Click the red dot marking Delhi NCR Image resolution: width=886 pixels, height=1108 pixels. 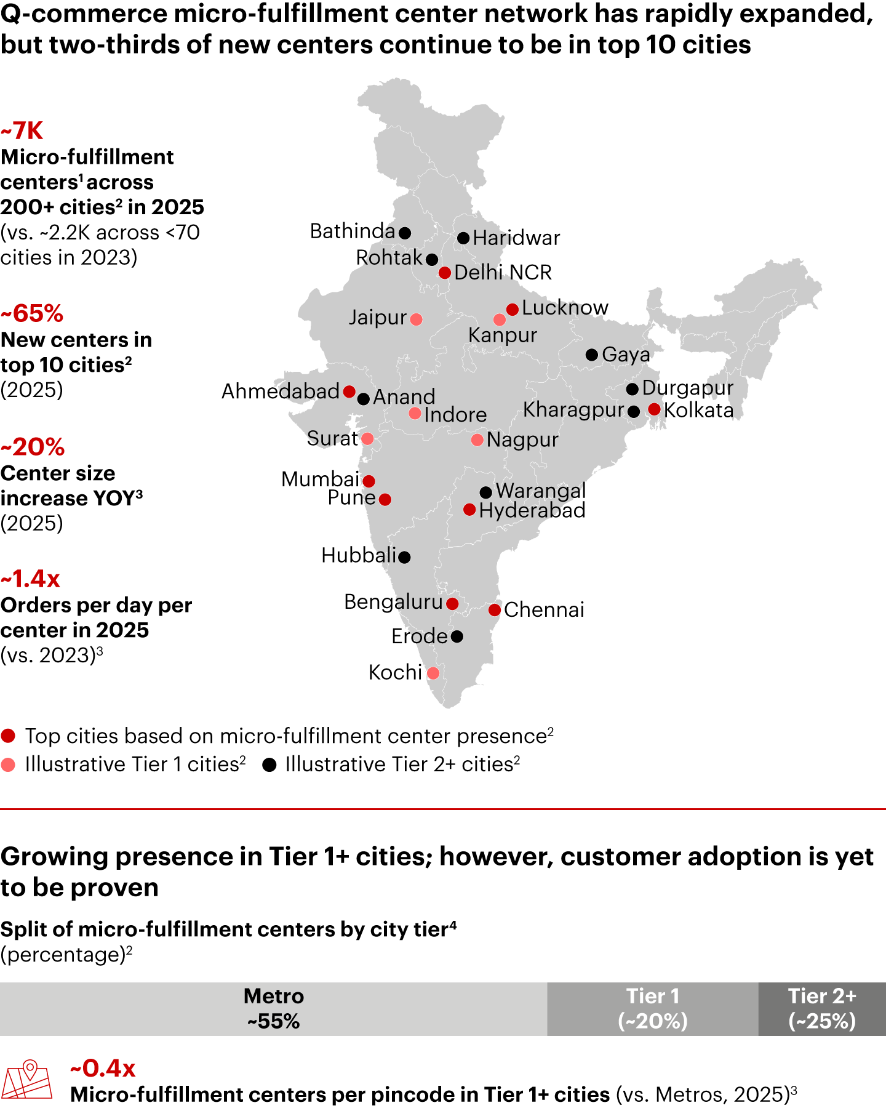445,272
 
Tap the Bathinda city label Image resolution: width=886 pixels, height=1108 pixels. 352,231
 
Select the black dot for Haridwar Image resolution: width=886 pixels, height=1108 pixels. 463,238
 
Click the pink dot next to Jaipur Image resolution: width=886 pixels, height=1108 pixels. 416,319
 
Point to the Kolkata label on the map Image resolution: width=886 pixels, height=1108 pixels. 698,411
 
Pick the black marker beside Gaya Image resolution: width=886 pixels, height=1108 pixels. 592,355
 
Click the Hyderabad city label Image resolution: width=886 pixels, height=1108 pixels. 532,510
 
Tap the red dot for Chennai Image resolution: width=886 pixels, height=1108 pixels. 495,610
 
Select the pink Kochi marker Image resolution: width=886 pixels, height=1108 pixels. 433,673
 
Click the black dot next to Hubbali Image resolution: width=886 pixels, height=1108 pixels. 404,557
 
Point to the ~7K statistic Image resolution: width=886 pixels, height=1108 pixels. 22,131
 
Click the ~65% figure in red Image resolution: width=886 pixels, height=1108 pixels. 32,314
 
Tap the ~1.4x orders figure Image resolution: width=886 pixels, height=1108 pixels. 31,579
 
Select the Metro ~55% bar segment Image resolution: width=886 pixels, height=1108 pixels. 273,1008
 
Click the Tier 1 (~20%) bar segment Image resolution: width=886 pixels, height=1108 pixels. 652,1008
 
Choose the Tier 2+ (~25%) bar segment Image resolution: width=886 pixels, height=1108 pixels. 822,1008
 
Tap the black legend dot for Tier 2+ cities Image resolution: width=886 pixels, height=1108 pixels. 269,765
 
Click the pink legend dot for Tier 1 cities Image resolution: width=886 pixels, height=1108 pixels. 9,765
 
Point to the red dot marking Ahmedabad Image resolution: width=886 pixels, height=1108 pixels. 349,391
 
